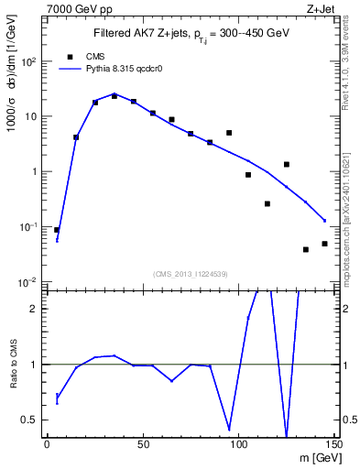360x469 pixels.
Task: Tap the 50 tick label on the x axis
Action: pyautogui.click(x=142, y=444)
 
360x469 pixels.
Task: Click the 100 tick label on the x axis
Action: pyautogui.click(x=238, y=444)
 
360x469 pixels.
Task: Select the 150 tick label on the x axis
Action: pyautogui.click(x=333, y=444)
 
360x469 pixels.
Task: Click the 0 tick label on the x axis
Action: pyautogui.click(x=47, y=444)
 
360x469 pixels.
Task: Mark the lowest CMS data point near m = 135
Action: pyautogui.click(x=306, y=249)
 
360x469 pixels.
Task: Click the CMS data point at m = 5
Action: pyautogui.click(x=57, y=230)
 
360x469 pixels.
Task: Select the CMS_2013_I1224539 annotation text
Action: pyautogui.click(x=191, y=274)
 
